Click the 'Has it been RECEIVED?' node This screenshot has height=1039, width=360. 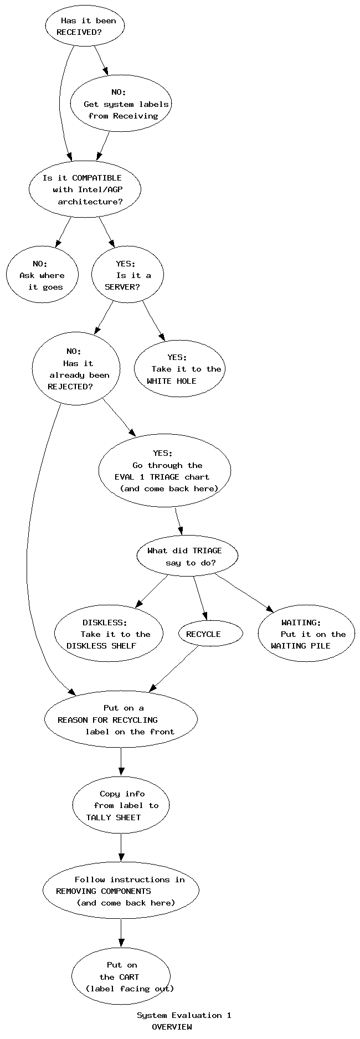tap(85, 26)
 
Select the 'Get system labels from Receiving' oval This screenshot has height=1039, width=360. tap(120, 104)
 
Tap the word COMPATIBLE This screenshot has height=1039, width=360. tap(96, 178)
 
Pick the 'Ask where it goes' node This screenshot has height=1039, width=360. tap(42, 275)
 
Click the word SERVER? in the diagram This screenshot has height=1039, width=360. tap(122, 287)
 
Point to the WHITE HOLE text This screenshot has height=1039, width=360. tap(171, 381)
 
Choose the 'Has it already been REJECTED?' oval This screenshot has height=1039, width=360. tap(76, 369)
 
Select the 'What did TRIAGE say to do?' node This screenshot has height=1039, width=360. tap(187, 557)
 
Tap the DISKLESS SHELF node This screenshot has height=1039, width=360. tap(109, 634)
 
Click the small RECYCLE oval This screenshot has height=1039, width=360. tap(210, 634)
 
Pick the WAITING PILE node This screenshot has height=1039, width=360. tap(306, 634)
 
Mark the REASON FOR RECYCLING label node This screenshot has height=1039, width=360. tap(121, 719)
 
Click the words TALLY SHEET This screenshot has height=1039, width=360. tap(114, 817)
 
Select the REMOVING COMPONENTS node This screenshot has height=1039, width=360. tap(121, 891)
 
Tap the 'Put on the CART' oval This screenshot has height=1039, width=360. tap(121, 976)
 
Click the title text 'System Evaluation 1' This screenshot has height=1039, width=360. tap(184, 1015)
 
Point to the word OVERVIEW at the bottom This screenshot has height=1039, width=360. tap(172, 1027)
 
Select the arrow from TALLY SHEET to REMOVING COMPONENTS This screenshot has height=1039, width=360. tap(121, 848)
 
